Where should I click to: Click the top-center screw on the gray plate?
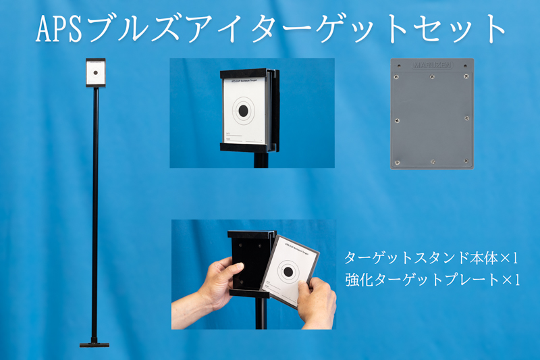tap(432, 76)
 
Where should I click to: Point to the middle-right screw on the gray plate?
tap(466, 118)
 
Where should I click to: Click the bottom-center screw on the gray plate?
tap(432, 161)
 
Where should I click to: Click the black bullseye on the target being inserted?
tap(288, 272)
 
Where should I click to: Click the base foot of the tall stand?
tap(94, 344)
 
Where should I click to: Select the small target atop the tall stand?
tap(95, 73)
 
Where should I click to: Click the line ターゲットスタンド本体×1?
tap(431, 258)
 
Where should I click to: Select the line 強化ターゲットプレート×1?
tap(431, 278)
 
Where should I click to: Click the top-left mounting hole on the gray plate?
tap(399, 66)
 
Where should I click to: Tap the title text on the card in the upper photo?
tap(243, 80)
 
